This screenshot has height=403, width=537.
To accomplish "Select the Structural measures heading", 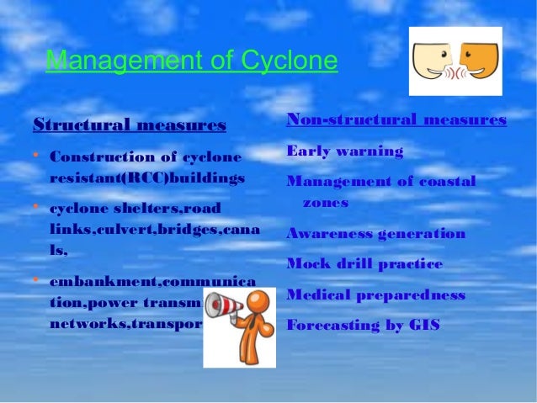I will [129, 126].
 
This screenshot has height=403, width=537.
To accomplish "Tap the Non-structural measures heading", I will [396, 119].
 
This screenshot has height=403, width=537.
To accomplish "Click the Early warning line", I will [344, 151].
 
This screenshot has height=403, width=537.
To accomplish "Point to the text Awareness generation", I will [375, 233].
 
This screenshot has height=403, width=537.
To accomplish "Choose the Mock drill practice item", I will [364, 263].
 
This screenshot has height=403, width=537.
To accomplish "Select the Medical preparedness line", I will [375, 294].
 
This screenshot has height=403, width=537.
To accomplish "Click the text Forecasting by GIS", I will [363, 325].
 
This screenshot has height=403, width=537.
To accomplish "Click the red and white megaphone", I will [223, 305].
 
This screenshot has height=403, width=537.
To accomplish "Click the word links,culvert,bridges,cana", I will [155, 229].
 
